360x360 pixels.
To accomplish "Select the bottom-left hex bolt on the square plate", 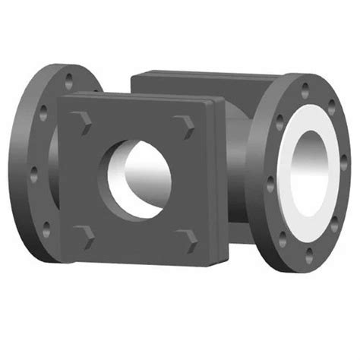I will pyautogui.click(x=82, y=231).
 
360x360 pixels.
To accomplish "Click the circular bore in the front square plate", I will pyautogui.click(x=138, y=175).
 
